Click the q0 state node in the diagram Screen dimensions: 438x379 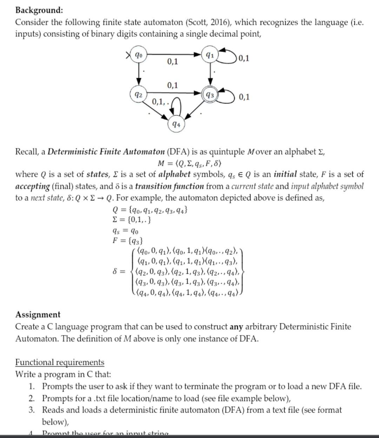(139, 55)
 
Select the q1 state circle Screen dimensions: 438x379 (210, 55)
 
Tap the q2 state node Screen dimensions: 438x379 (139, 94)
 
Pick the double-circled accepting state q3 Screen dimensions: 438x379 (210, 95)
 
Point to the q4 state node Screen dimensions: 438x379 (176, 124)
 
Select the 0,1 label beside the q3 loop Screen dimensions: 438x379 (244, 97)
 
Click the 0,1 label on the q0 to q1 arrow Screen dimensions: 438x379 (172, 62)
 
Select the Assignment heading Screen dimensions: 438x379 (38, 314)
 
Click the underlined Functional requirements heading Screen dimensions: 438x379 (60, 362)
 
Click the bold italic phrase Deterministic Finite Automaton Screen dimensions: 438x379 (106, 152)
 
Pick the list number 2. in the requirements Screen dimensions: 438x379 (32, 398)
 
